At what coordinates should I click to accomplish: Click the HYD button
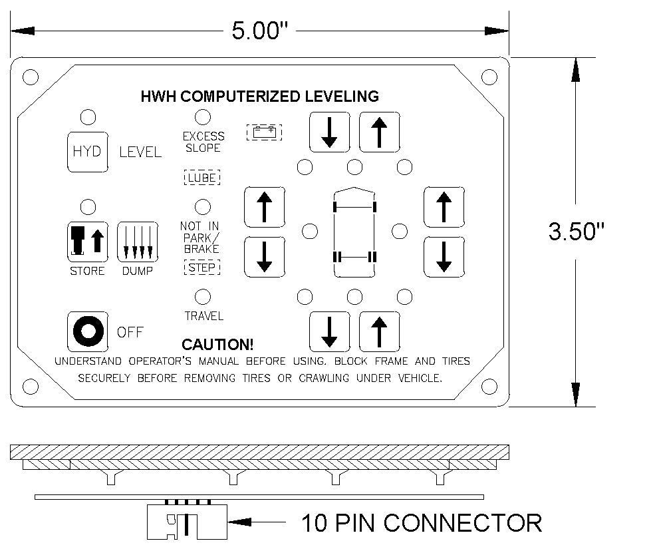(87, 152)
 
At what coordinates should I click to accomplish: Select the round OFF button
(87, 331)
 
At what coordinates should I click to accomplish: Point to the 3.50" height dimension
(576, 232)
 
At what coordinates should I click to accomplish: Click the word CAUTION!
(217, 345)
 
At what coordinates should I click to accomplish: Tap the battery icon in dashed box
(264, 132)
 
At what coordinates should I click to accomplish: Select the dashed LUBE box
(201, 178)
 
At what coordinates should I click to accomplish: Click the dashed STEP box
(201, 268)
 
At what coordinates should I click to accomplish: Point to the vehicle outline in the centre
(354, 232)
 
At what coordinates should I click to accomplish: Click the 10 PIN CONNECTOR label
(422, 522)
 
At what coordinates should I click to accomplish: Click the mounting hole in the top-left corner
(29, 77)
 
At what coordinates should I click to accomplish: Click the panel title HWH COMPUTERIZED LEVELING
(259, 96)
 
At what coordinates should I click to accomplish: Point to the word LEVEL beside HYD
(140, 152)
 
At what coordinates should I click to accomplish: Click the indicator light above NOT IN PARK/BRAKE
(203, 206)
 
